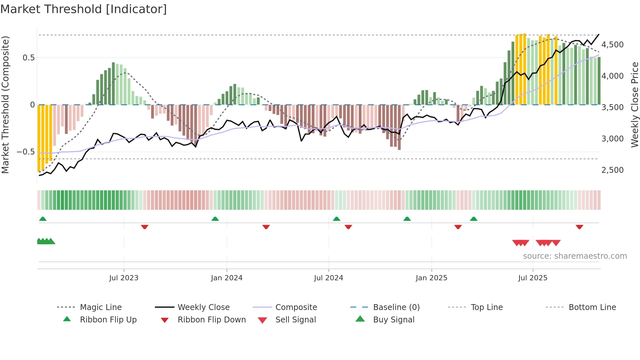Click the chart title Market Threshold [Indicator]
[84, 9]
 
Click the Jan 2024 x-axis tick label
[227, 278]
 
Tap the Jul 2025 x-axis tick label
[533, 278]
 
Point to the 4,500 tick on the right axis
[612, 44]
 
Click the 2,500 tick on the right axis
[612, 170]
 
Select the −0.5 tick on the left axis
[25, 152]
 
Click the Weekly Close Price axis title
[634, 105]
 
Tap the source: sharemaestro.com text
[575, 256]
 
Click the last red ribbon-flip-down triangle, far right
[579, 227]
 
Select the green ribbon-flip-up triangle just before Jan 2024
[215, 219]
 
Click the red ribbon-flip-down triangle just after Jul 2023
[145, 227]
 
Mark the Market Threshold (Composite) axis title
[5, 105]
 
